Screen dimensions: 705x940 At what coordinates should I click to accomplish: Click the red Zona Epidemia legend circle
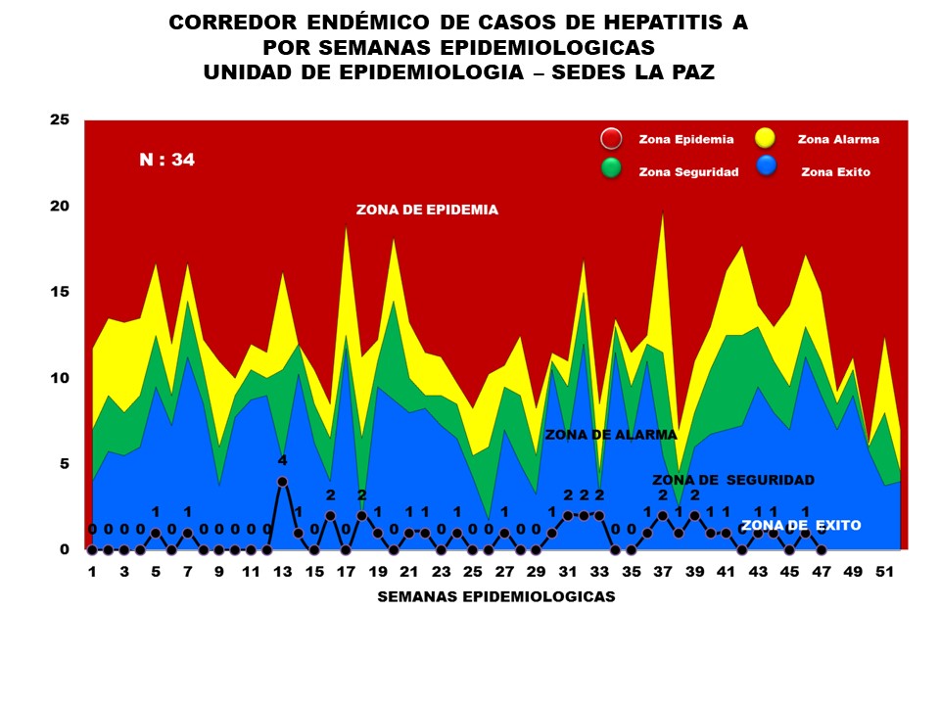point(611,139)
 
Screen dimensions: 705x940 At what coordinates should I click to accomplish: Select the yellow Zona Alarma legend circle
point(766,139)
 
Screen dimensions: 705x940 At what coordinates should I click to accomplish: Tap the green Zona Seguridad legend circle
point(611,168)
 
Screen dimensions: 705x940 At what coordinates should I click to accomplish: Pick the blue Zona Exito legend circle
point(766,168)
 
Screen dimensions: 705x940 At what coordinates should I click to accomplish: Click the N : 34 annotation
point(166,160)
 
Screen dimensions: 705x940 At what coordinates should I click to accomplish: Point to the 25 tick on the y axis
point(60,119)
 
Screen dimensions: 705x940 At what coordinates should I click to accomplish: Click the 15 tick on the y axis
point(60,292)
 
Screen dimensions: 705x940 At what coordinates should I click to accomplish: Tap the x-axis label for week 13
point(282,571)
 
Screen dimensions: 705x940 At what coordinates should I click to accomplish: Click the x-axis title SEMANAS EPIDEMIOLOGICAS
point(496,597)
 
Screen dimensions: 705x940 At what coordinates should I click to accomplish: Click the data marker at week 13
point(282,481)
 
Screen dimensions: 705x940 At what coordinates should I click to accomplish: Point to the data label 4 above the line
point(282,460)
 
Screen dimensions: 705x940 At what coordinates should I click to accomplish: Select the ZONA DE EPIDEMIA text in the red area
point(427,210)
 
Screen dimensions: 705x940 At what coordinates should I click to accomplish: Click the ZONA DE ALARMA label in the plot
point(611,435)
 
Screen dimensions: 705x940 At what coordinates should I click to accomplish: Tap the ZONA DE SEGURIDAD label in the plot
point(733,480)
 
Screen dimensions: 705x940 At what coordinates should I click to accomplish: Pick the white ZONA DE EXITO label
point(801,526)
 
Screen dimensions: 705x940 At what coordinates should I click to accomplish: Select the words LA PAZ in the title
point(668,72)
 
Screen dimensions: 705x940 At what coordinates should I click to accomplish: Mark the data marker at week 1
point(92,549)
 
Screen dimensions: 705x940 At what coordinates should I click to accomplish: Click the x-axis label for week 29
point(536,571)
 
